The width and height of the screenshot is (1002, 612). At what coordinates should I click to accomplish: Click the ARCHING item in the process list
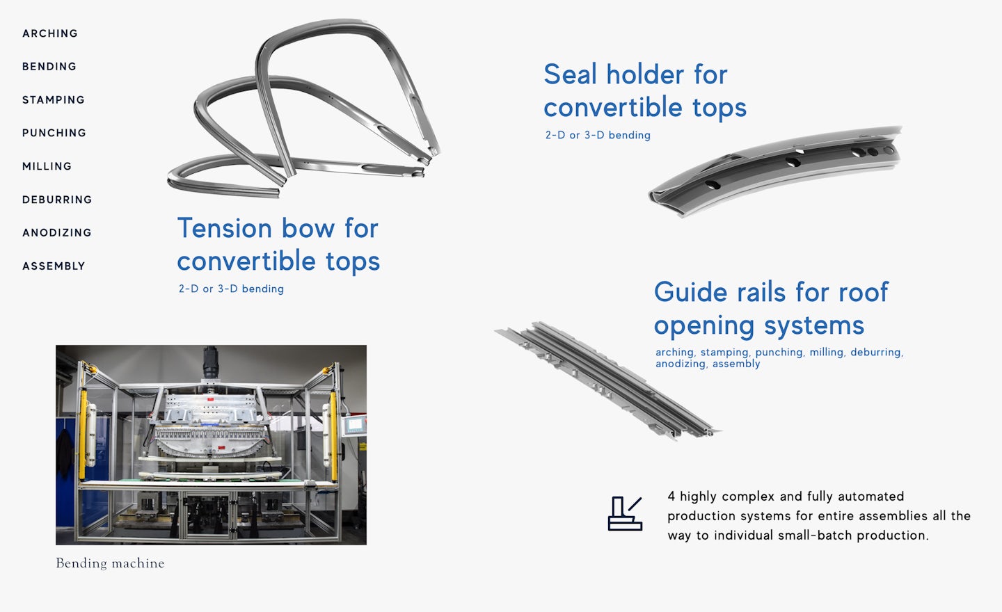point(50,33)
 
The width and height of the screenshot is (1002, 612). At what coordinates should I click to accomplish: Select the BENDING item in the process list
point(49,67)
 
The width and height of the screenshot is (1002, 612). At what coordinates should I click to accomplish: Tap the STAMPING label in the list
point(53,99)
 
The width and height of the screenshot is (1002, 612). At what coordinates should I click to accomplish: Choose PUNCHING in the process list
point(54,133)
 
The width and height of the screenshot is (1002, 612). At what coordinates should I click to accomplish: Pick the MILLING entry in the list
point(47,166)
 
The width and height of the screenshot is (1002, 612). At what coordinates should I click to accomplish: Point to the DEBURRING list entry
point(57,200)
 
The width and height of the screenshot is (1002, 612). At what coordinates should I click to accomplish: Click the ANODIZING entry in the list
point(57,232)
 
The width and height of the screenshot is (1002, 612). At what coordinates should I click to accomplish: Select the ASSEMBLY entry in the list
point(54,266)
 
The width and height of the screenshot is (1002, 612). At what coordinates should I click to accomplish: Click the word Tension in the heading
point(225,228)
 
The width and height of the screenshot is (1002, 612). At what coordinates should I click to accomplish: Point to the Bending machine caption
point(110,563)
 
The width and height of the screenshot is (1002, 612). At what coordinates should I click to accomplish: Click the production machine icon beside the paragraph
point(625,514)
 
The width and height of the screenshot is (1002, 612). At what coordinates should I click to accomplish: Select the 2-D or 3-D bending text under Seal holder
point(598,135)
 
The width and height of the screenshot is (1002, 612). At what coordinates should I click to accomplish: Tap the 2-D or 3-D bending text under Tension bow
point(231,289)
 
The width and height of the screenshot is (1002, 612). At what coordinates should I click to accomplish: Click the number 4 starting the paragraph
point(671,497)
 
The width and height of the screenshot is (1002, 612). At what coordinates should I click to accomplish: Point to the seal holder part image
point(775,171)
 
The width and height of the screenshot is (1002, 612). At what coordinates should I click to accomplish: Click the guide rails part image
point(608,380)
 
